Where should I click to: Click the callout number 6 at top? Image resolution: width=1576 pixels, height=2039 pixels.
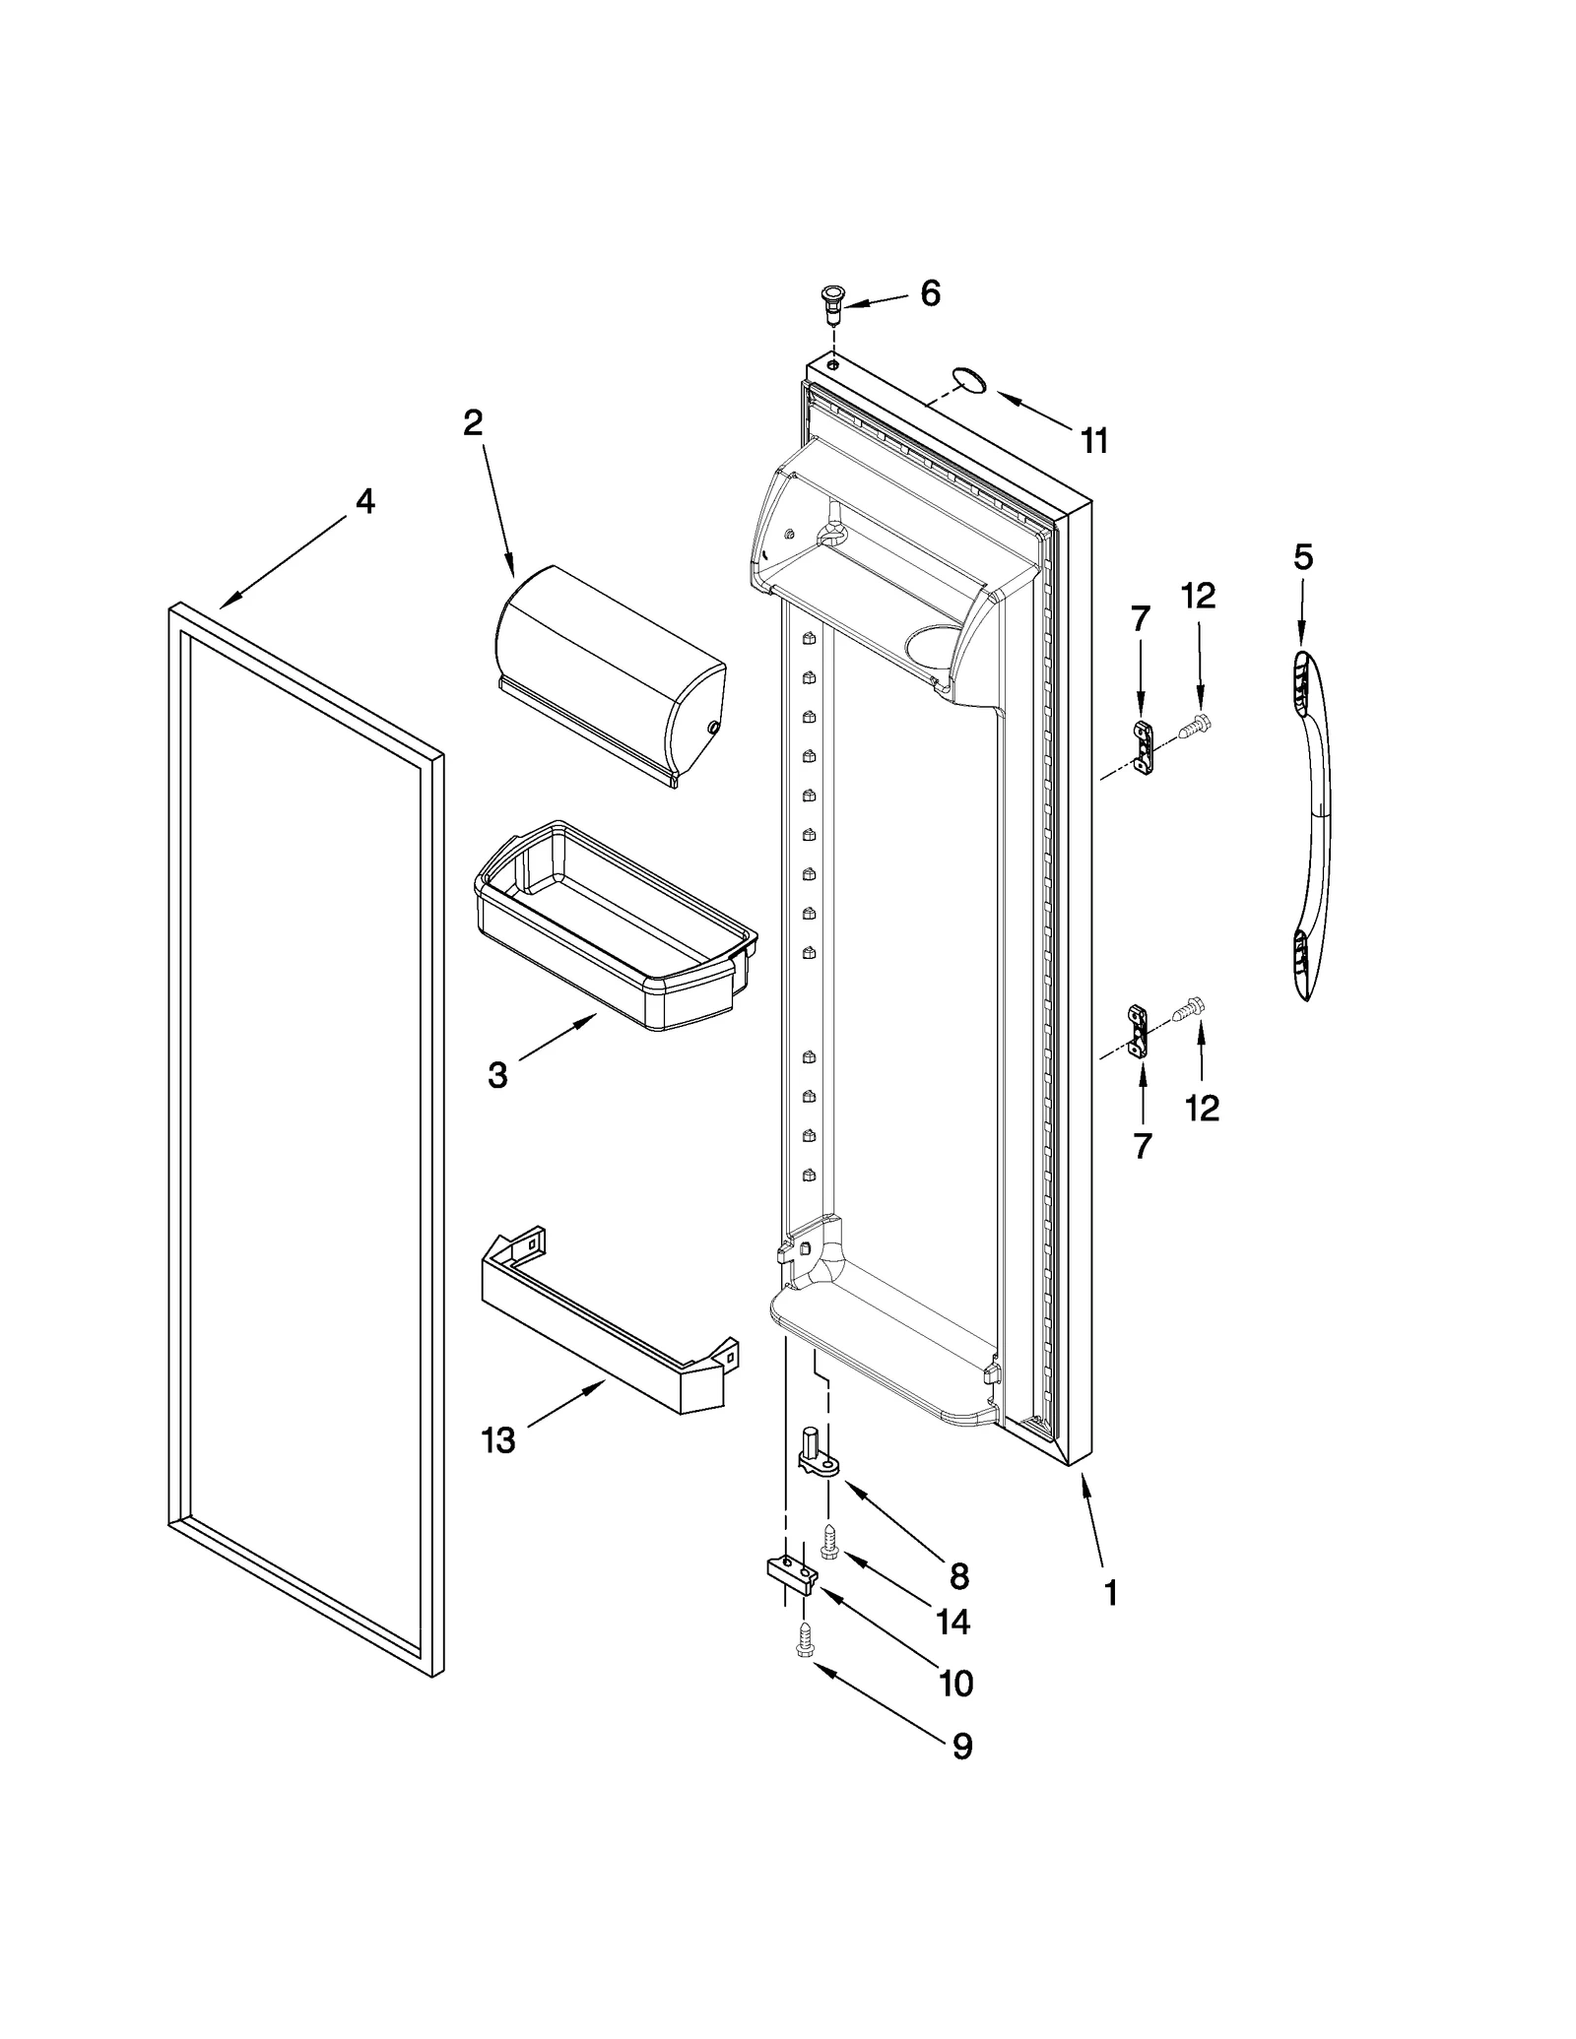point(930,293)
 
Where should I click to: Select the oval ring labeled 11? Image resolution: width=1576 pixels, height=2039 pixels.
point(969,380)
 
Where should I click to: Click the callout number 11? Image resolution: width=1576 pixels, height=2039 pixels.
point(1093,440)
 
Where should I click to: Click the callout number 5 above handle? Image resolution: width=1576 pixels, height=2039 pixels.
point(1302,557)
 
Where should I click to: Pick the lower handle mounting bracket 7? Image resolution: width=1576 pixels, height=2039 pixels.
point(1140,1031)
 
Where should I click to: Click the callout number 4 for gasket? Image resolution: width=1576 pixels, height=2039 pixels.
point(364,502)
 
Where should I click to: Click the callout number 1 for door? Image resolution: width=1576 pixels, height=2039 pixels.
point(1110,1593)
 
